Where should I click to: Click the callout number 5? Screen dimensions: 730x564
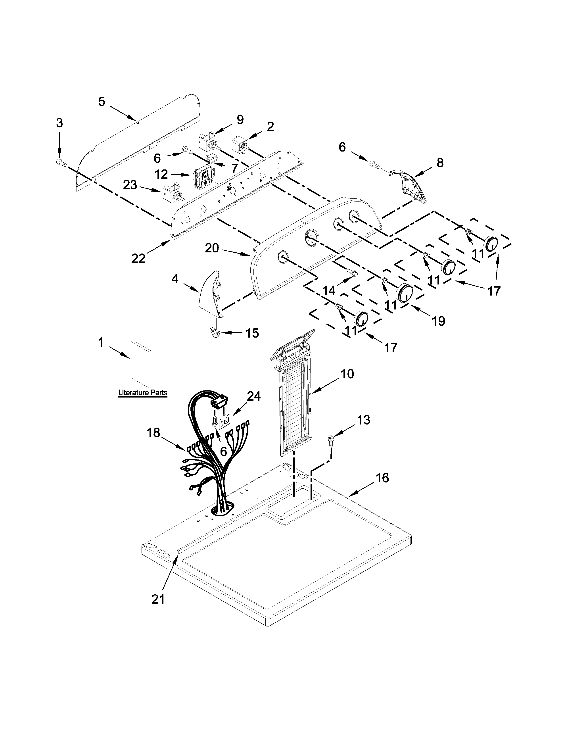[x=102, y=101]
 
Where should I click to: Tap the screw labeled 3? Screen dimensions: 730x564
[x=60, y=163]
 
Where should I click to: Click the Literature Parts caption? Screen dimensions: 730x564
[x=143, y=393]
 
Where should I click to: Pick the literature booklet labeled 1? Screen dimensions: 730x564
[x=141, y=363]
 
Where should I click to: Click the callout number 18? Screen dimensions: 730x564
[x=154, y=433]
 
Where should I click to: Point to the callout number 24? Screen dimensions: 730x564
[x=254, y=396]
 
